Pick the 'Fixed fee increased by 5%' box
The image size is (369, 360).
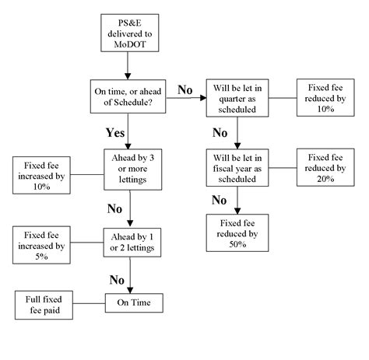(x=40, y=241)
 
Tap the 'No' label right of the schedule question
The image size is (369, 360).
(x=184, y=90)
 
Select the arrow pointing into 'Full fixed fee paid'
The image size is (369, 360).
(x=86, y=301)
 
